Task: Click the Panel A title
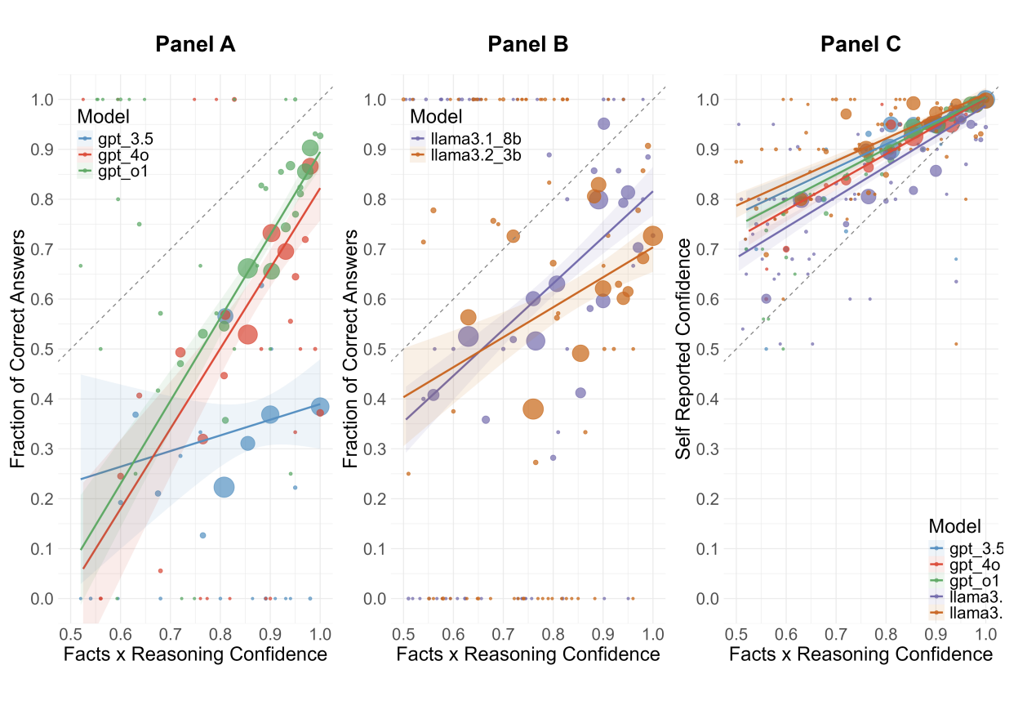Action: tap(195, 45)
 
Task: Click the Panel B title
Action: tap(527, 45)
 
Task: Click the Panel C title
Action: tap(860, 45)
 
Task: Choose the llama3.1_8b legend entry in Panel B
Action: tap(464, 137)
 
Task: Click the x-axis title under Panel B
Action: tap(527, 654)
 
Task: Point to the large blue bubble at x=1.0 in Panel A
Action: tap(320, 407)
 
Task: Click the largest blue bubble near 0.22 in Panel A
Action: tap(225, 487)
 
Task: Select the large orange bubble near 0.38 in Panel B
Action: tap(533, 409)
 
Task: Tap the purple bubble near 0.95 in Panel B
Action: tap(603, 124)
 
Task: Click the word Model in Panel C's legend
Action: tap(955, 525)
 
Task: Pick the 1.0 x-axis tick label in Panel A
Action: tap(320, 634)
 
